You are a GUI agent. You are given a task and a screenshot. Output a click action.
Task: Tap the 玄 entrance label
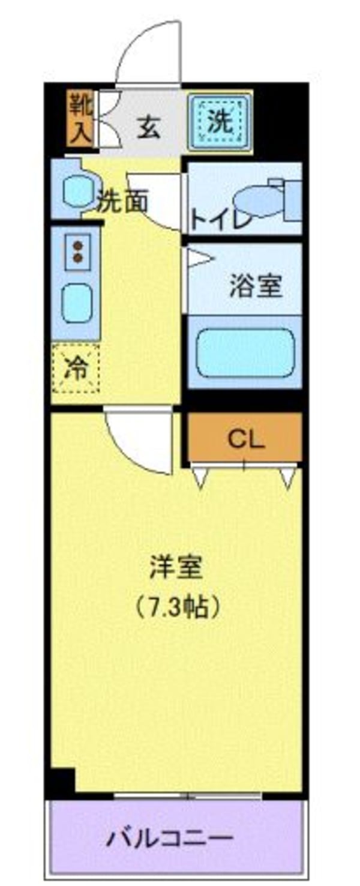(x=148, y=127)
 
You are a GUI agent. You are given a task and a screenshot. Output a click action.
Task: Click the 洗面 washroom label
(x=124, y=203)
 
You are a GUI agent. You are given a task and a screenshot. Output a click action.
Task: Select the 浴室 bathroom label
(x=255, y=286)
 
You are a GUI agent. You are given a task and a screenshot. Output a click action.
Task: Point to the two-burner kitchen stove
(x=77, y=251)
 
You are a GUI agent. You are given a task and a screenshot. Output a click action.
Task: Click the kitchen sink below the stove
(x=77, y=303)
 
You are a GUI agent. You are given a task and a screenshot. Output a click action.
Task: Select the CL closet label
(x=245, y=441)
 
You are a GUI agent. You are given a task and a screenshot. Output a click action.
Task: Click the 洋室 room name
(x=176, y=567)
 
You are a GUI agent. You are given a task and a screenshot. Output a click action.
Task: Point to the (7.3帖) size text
(x=176, y=609)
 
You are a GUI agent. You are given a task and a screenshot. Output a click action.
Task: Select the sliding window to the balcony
(x=187, y=796)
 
